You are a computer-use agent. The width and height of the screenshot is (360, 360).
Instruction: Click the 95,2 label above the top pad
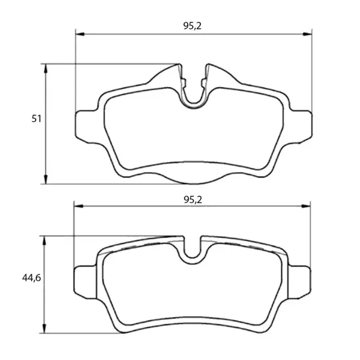192,26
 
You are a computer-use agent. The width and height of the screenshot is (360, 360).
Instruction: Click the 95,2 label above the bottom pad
193,200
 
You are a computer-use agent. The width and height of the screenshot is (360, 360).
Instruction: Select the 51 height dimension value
37,119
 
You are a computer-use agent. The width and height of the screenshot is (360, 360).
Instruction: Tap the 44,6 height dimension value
32,278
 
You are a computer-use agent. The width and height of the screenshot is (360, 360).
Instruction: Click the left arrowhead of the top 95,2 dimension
80,34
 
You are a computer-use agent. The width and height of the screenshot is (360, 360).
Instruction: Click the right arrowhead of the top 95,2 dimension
308,34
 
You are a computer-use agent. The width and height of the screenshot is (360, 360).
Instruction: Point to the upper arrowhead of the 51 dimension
46,68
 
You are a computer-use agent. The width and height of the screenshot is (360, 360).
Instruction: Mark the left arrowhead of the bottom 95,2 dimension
79,206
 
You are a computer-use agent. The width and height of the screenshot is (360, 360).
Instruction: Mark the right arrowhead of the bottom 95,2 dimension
306,206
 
